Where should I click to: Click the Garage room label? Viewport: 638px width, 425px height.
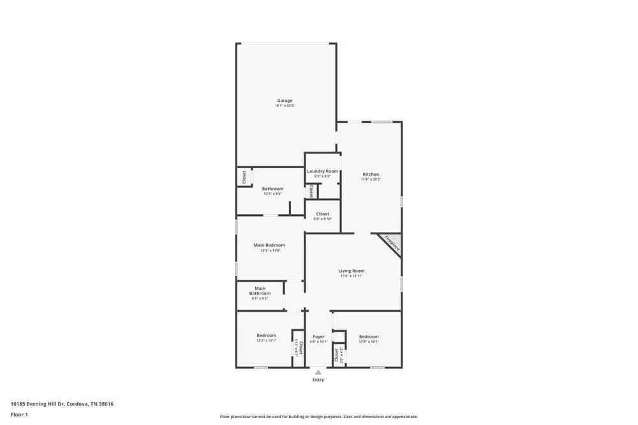(285, 101)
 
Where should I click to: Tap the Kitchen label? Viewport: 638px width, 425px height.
(371, 174)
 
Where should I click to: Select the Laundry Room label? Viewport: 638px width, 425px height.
(322, 171)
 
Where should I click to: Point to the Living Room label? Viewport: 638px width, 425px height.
(351, 271)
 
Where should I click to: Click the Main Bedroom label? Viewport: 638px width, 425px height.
(269, 245)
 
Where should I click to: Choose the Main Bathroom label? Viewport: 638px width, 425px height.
(260, 291)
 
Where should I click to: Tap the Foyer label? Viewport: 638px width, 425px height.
(318, 336)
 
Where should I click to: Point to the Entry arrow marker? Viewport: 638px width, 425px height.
(318, 371)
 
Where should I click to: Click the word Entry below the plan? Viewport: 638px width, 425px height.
(318, 380)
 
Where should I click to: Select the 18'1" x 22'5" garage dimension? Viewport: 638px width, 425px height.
(285, 106)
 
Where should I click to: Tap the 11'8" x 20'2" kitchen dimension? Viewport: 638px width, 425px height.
(371, 180)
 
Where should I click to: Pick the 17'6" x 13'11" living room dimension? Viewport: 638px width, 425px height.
(351, 277)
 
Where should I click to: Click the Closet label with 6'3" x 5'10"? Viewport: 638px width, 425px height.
(322, 214)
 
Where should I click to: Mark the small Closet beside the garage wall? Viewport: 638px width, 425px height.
(244, 176)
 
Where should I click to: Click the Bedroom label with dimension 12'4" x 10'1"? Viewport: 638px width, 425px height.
(369, 336)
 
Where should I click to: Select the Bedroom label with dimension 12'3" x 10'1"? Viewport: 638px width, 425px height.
(266, 336)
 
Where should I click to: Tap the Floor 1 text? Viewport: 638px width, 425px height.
(19, 414)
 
